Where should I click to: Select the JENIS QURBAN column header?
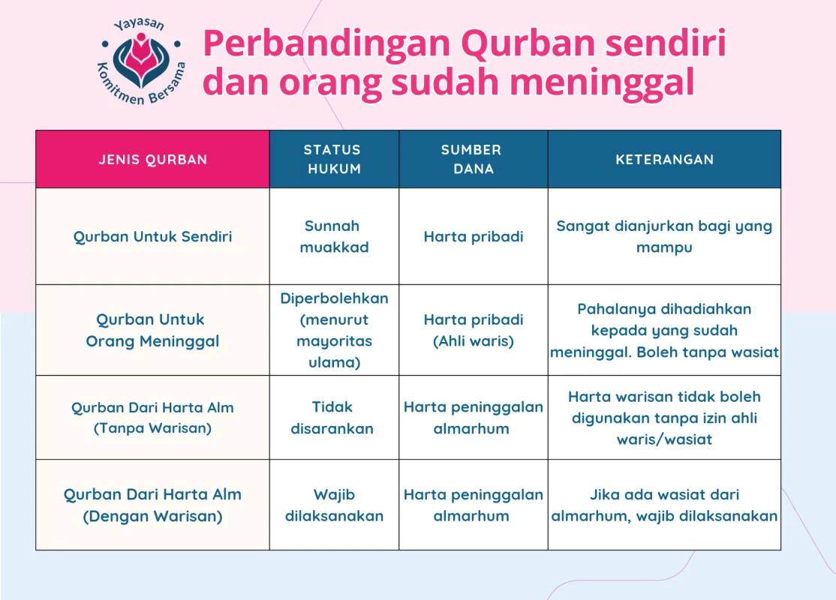tap(153, 160)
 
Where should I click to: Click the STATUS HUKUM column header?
tap(333, 160)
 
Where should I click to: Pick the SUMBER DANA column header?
tap(473, 160)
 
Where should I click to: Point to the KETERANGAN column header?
tap(664, 160)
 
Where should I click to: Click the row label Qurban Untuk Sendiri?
tap(153, 237)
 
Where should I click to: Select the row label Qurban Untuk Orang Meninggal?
tap(153, 330)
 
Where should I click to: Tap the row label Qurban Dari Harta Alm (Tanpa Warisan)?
tap(153, 418)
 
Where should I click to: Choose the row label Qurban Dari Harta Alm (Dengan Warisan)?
tap(153, 505)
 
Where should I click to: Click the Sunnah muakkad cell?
tap(333, 236)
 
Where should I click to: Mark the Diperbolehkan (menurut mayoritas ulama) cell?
tap(333, 330)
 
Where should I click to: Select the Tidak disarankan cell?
tap(333, 418)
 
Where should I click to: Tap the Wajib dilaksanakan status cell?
tap(333, 505)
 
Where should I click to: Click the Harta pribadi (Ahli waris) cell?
tap(473, 330)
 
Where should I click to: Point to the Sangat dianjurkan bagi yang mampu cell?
tap(664, 236)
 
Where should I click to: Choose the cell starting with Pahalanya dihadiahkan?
tap(664, 330)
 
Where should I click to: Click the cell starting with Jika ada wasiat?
tap(664, 505)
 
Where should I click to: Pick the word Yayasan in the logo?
tap(139, 26)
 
